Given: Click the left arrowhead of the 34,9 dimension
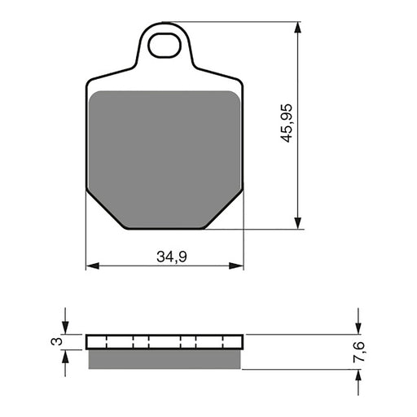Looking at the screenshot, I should click(91, 266).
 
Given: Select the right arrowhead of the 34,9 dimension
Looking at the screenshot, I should click(238, 266).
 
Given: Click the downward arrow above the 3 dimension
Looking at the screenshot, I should click(66, 327).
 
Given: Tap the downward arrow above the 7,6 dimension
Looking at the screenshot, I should click(358, 327).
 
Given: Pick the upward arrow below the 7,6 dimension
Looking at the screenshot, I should click(358, 375).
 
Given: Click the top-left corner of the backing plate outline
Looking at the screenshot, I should click(88, 82).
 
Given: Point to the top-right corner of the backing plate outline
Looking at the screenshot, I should click(241, 82).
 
